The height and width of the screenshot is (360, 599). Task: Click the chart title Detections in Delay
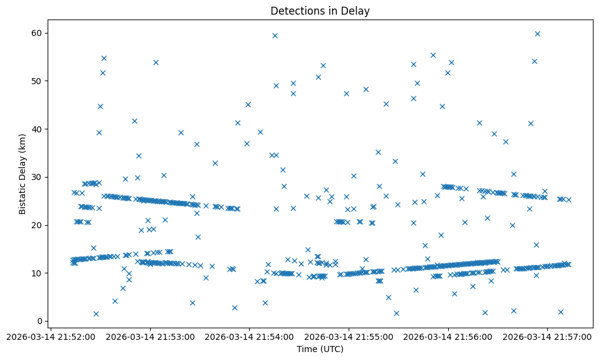pos(320,11)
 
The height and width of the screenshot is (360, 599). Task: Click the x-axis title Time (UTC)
pos(320,349)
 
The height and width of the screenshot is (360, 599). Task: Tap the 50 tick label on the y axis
pos(37,81)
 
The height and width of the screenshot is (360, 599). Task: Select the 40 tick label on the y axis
pos(37,129)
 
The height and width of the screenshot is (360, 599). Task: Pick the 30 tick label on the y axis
pos(37,177)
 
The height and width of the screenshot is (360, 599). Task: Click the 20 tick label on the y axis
pos(37,225)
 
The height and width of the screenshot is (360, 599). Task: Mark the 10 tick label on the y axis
pos(37,273)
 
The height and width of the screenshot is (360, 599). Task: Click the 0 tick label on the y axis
pos(40,322)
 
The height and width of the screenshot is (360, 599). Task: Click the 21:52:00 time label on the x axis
pos(51,336)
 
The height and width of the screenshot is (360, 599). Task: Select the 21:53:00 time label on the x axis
pos(150,336)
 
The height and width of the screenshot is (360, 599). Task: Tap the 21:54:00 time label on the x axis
pos(250,336)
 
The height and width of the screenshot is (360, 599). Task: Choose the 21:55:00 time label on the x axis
pos(349,336)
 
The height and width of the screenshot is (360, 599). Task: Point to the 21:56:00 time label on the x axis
pos(449,336)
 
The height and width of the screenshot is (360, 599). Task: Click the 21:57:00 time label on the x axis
pos(548,336)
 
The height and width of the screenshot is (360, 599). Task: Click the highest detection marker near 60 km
pos(537,34)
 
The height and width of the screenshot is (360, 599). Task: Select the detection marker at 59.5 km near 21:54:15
pos(275,35)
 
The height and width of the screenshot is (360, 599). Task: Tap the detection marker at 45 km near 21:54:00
pos(248,104)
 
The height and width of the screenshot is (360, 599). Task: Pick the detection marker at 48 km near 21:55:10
pos(366,89)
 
